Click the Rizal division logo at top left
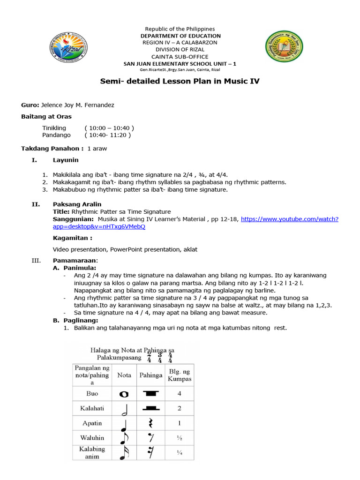[67, 48]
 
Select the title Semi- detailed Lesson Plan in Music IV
[180, 81]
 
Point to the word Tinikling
[54, 128]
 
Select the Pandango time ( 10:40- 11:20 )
[108, 135]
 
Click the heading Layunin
[66, 160]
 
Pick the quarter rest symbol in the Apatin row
[150, 424]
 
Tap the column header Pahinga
[150, 375]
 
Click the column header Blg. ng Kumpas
[180, 375]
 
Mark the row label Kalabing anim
[92, 452]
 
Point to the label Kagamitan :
[72, 238]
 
